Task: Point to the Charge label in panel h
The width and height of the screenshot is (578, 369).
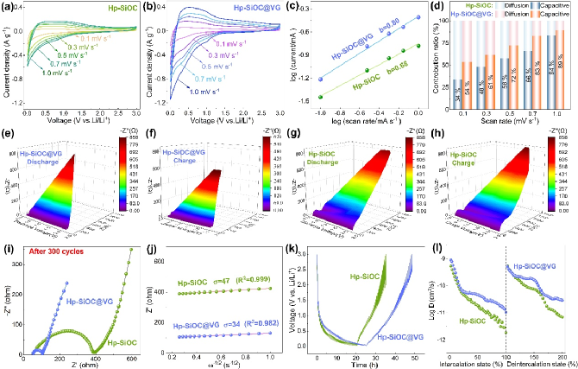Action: pyautogui.click(x=461, y=161)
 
